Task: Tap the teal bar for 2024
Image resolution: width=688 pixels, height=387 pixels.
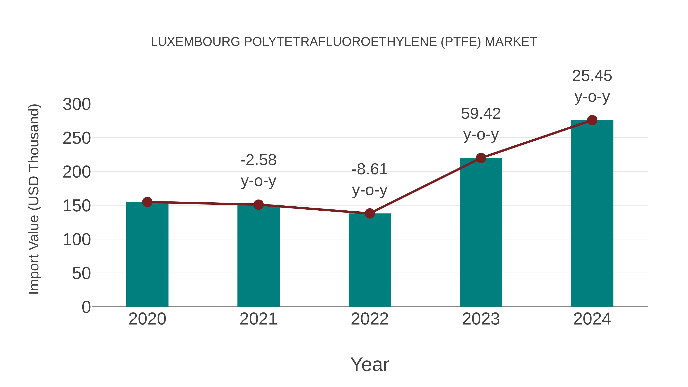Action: click(592, 213)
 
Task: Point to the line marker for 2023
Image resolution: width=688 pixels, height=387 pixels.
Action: click(481, 158)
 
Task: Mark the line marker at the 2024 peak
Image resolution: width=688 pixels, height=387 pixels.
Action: click(592, 120)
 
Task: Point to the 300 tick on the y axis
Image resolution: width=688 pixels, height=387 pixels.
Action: click(77, 104)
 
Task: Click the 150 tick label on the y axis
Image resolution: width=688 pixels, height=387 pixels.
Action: click(77, 206)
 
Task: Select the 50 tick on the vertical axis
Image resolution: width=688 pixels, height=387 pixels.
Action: click(81, 273)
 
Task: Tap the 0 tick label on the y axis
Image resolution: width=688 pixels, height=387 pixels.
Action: click(86, 307)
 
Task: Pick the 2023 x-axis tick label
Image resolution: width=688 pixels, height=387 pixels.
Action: click(481, 319)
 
